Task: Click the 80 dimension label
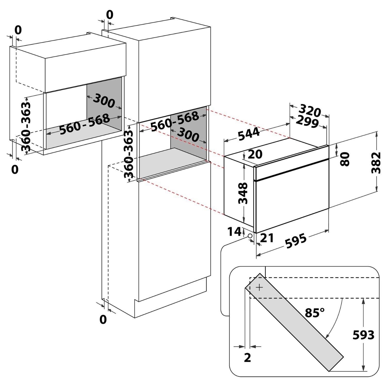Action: (345, 159)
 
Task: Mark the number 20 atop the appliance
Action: (255, 154)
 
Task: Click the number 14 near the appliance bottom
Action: (234, 231)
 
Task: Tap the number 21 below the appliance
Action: (267, 238)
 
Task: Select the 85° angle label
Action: (315, 313)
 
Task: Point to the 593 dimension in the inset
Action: (363, 335)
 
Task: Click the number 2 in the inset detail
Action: (247, 358)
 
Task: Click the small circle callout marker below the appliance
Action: (250, 236)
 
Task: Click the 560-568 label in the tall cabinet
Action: (174, 122)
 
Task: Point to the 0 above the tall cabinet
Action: (110, 15)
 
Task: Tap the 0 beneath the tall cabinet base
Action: (103, 319)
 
